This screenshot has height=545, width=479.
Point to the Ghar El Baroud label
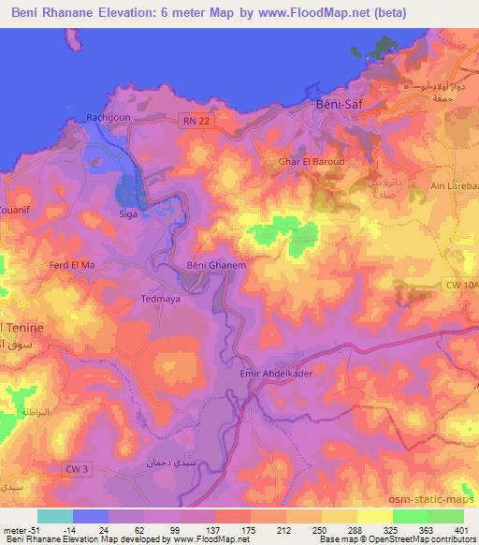[x=312, y=162]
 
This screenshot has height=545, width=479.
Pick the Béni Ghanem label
[x=216, y=266]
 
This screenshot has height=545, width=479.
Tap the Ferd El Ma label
[x=72, y=266]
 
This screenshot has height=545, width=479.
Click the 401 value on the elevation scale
[x=460, y=529]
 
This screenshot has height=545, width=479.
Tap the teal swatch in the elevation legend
[x=56, y=516]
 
